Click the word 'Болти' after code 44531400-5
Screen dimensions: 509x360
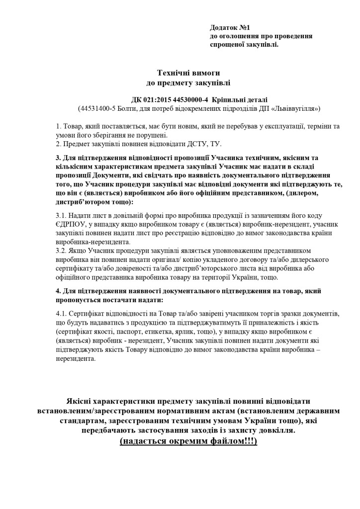coord(132,108)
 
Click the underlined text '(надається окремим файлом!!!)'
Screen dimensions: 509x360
coord(188,441)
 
